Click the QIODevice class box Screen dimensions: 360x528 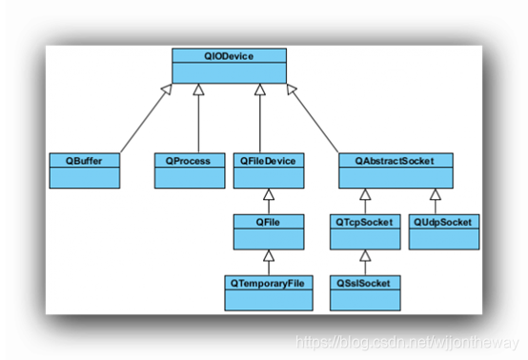(230, 65)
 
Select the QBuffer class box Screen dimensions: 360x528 (85, 170)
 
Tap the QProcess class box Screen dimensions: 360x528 (189, 170)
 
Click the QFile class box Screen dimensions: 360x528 (269, 231)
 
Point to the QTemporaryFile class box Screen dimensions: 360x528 (269, 292)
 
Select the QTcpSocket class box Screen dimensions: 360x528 (365, 231)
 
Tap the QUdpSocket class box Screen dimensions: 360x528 (443, 231)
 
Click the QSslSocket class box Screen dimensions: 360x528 (365, 292)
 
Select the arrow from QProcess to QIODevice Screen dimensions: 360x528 (198, 119)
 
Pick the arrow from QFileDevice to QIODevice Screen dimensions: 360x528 (260, 119)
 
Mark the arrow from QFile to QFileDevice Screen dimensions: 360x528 (269, 201)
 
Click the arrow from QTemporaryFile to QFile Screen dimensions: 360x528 (269, 262)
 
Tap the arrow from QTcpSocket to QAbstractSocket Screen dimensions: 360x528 (365, 201)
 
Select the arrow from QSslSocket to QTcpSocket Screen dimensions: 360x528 (365, 262)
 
